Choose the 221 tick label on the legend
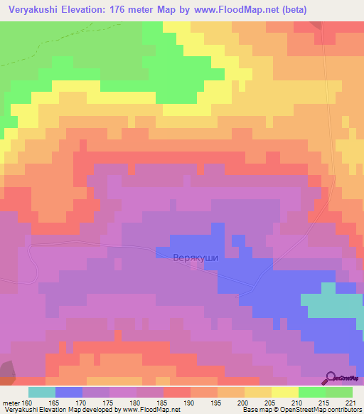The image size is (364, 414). pos(350,403)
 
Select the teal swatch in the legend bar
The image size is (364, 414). pos(42,392)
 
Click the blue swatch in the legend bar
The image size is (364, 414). pos(69,392)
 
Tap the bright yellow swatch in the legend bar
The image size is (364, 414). pos(285,392)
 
